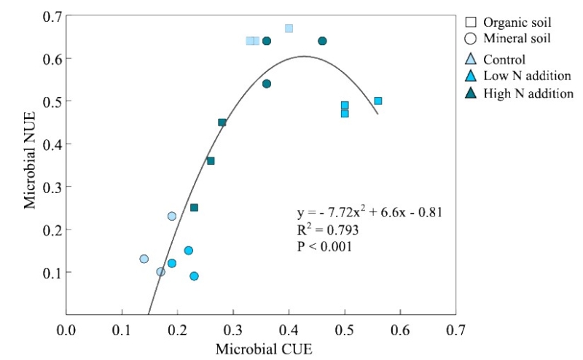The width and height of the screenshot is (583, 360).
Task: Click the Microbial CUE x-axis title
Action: click(x=264, y=348)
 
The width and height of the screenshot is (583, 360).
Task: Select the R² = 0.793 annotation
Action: click(x=327, y=230)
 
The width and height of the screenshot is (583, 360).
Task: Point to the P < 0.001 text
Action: click(x=324, y=246)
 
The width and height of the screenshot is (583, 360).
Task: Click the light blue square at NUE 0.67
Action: click(x=289, y=28)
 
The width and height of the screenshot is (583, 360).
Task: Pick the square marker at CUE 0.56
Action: click(x=377, y=101)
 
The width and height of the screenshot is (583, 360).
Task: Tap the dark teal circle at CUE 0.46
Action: click(x=322, y=41)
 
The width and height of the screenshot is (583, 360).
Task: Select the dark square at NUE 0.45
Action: click(x=222, y=122)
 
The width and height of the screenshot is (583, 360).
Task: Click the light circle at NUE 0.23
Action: click(x=172, y=216)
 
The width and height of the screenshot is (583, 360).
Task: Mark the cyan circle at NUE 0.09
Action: click(x=194, y=276)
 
